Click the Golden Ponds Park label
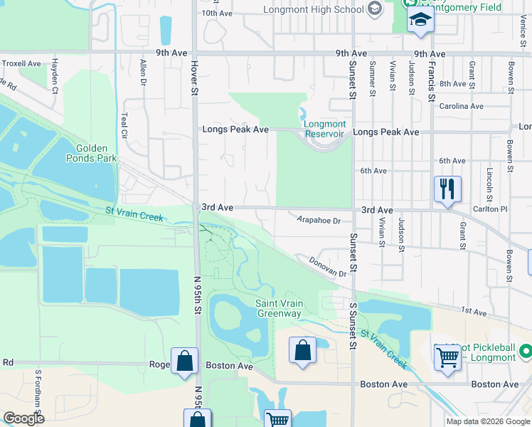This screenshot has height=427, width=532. point(96,153)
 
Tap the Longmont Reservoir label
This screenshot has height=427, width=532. point(324,129)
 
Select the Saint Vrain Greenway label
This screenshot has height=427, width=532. point(279,309)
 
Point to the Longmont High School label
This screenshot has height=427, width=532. point(313,9)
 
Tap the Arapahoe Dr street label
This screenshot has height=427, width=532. point(319,221)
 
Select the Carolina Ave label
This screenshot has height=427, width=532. point(461,106)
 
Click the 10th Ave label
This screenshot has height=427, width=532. point(218,13)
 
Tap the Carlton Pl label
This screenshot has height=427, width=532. point(494,210)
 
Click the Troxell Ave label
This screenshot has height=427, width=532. point(21,63)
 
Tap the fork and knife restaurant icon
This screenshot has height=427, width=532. point(447,189)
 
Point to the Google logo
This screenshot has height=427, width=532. point(23,418)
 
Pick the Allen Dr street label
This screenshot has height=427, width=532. point(143,74)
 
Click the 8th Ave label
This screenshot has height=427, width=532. point(452,83)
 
